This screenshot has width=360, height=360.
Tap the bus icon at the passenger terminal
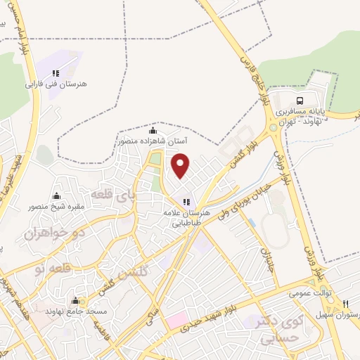coord(300,100)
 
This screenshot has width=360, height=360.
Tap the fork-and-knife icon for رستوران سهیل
coord(345,304)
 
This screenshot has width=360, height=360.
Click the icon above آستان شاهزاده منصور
coord(153,131)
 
